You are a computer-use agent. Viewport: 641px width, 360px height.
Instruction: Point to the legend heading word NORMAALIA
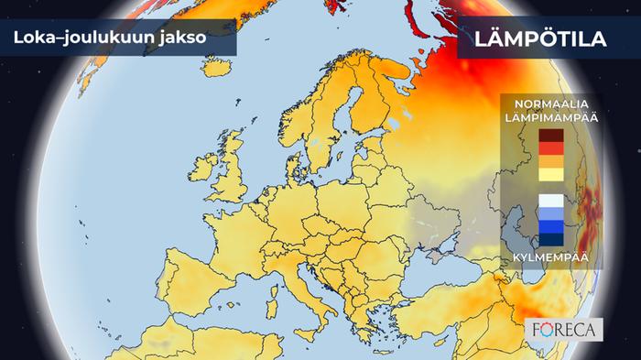(x=544, y=104)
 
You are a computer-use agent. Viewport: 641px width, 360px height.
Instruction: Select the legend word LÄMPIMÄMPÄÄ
(x=544, y=117)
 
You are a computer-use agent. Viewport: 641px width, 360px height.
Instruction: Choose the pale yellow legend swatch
(x=551, y=174)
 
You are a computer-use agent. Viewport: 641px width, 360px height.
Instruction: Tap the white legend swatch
(x=551, y=201)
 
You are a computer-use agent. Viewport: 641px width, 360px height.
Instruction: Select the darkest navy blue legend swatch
(x=551, y=240)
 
